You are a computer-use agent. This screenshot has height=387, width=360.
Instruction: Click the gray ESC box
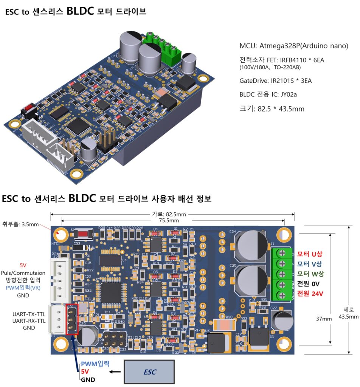(149, 372)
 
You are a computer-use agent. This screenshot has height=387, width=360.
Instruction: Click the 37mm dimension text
(324, 319)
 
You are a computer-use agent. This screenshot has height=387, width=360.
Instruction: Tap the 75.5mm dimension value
(169, 220)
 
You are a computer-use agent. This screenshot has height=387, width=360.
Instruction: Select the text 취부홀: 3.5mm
(21, 224)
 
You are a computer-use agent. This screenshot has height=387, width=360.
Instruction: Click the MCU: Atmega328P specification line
(294, 46)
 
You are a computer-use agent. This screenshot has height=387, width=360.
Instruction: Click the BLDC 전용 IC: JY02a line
(266, 94)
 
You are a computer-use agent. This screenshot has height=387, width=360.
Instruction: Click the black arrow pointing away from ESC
(115, 372)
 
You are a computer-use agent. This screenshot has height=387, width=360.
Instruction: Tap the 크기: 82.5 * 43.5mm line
(272, 109)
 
